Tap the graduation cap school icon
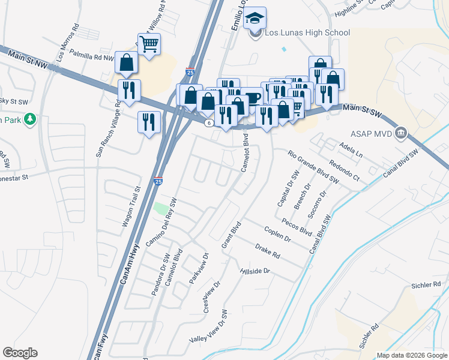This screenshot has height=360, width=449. point(256,19)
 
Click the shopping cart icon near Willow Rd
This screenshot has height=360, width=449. point(148,43)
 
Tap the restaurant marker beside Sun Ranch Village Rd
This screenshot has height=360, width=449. point(129,91)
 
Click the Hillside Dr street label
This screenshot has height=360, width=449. point(255,271)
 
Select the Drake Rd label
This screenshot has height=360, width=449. point(268,251)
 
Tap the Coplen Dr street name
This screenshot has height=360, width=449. point(277,234)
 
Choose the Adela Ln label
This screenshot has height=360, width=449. point(351,149)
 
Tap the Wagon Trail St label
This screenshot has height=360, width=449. point(131,206)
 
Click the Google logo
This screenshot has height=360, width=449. point(20,353)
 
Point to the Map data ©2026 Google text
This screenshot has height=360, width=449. point(411,355)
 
